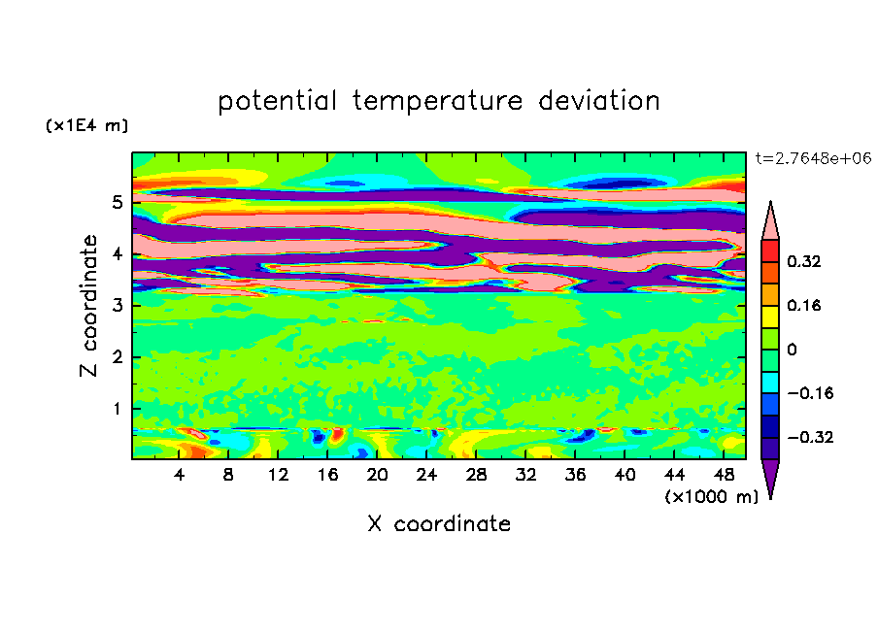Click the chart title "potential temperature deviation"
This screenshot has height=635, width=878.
[438, 101]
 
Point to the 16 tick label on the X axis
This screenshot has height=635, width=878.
[327, 476]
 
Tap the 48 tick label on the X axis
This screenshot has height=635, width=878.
[724, 476]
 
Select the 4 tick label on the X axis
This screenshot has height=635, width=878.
[179, 476]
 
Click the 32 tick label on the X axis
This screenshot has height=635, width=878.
[525, 476]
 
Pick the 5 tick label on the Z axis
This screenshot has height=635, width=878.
[117, 202]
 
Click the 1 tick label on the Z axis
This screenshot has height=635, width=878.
[117, 409]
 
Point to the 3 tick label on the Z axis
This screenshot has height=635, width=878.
[117, 306]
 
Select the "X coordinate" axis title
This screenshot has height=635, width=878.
[439, 523]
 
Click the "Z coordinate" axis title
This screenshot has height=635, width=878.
[89, 306]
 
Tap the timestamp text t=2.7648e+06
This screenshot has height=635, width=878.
[813, 158]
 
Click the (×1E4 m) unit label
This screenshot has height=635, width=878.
[86, 125]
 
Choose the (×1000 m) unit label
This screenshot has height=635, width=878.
[711, 497]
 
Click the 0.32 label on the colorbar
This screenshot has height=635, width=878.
[803, 261]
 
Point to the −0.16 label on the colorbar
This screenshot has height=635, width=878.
[810, 393]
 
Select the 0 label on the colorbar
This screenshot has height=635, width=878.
[792, 350]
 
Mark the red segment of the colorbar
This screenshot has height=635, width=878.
[770, 251]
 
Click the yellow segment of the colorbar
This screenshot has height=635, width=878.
[770, 317]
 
